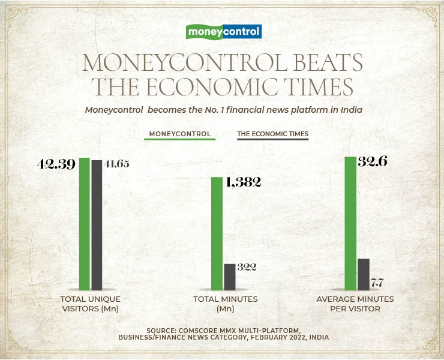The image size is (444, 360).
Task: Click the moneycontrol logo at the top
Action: pos(224,31)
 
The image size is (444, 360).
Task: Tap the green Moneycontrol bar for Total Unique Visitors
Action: pos(84,224)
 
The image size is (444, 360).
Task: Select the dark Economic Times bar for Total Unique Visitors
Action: pos(97,225)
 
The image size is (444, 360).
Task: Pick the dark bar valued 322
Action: pos(230,277)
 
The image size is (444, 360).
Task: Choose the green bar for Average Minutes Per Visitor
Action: pos(350,223)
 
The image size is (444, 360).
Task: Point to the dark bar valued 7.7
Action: pos(363,274)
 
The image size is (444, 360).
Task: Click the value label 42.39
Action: pos(55,164)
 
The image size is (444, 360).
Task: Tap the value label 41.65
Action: pos(116,164)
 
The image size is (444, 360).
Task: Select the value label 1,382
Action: pos(244,183)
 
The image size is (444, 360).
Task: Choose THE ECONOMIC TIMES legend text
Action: pos(272,134)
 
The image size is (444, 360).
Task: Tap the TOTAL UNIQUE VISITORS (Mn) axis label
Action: pos(90,304)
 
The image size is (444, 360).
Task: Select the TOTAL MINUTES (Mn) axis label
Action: pos(225,304)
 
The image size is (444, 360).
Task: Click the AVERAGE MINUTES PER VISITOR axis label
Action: pos(355,304)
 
